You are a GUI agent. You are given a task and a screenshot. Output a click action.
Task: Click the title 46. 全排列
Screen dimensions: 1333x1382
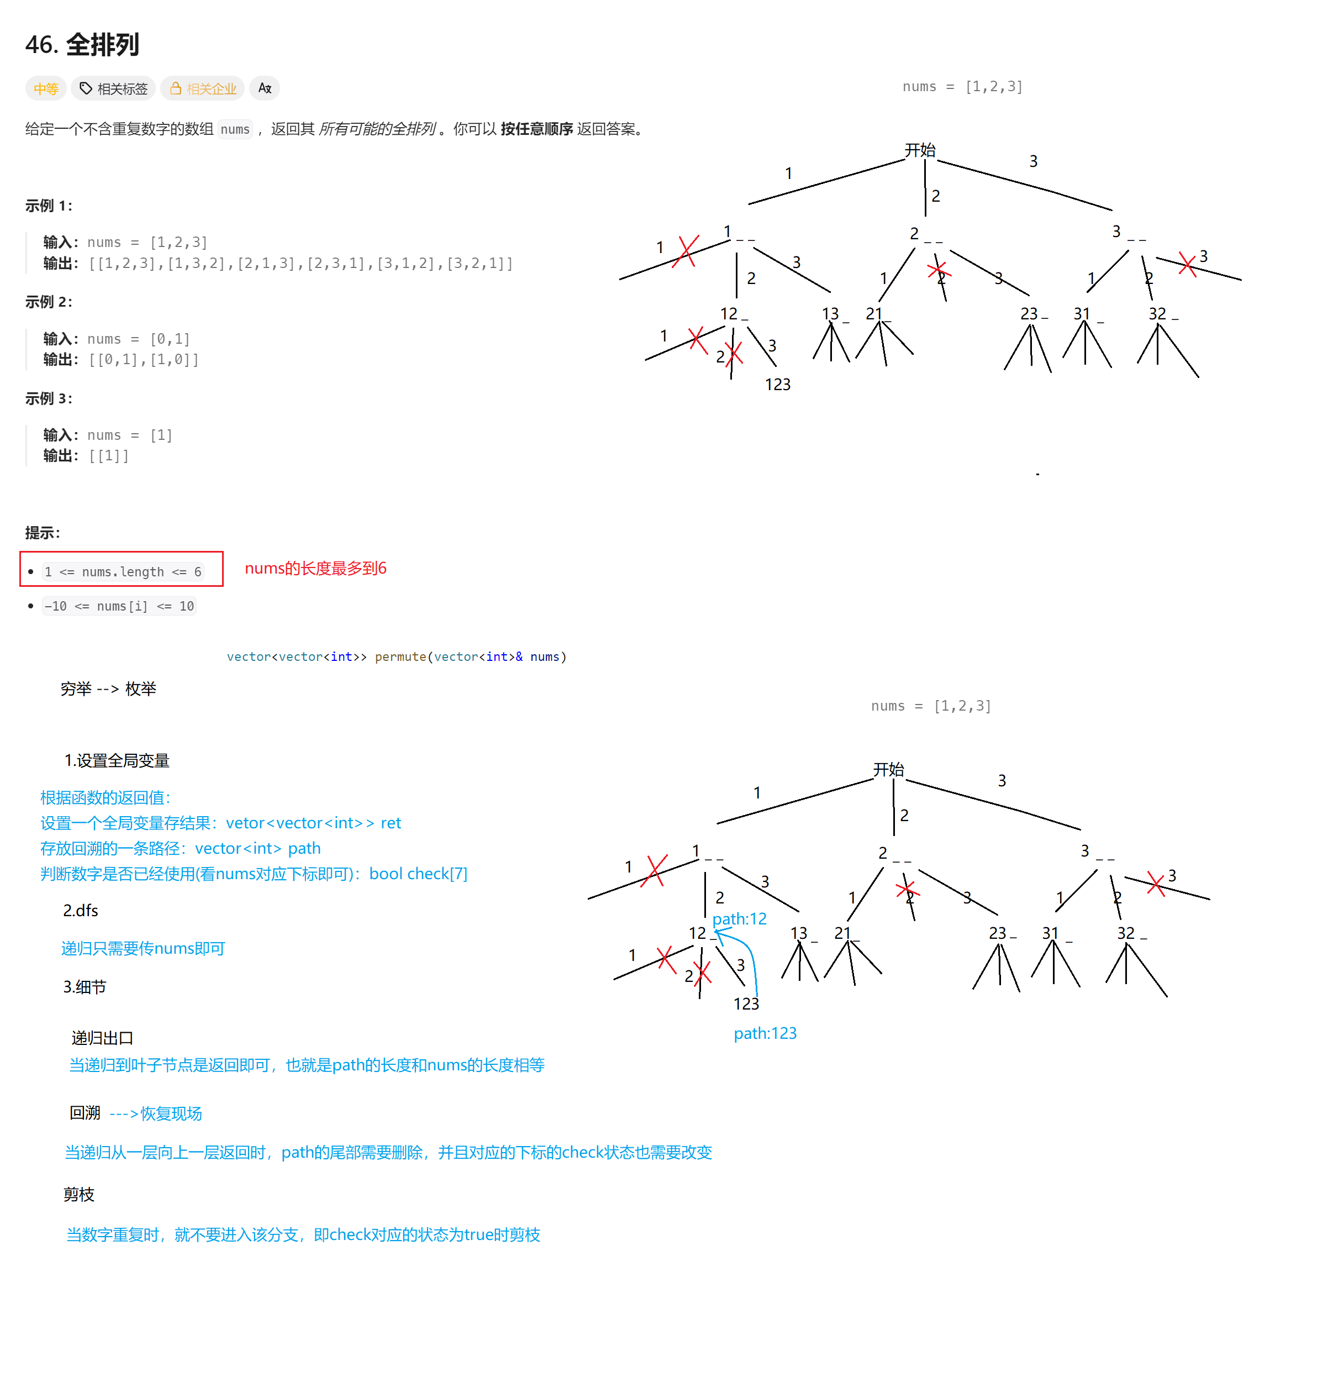82,44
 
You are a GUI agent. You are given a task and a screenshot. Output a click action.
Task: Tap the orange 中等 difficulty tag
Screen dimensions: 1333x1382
46,89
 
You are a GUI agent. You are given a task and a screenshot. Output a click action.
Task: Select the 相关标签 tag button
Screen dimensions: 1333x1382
114,89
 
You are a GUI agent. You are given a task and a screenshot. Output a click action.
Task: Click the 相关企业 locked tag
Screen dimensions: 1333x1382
203,89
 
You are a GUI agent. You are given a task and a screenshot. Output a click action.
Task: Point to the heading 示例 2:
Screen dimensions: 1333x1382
49,302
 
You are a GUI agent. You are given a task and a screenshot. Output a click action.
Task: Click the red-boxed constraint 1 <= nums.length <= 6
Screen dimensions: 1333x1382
122,571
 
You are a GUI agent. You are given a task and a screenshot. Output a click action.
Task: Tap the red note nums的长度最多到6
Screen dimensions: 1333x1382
315,568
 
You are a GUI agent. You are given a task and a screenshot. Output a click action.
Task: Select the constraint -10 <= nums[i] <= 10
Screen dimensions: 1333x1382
118,606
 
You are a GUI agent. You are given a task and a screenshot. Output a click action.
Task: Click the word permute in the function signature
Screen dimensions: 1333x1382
400,656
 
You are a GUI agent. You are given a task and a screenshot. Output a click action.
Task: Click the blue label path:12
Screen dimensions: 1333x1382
739,919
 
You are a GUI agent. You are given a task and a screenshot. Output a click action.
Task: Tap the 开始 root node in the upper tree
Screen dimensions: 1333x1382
919,150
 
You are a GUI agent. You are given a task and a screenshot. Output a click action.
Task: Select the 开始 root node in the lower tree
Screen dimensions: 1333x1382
888,769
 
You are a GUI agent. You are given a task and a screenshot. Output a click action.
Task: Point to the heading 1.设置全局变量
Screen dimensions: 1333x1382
117,761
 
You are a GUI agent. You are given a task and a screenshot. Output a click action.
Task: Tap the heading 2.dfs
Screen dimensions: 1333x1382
80,910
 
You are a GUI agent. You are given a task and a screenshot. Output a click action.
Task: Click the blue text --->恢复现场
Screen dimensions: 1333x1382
155,1113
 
